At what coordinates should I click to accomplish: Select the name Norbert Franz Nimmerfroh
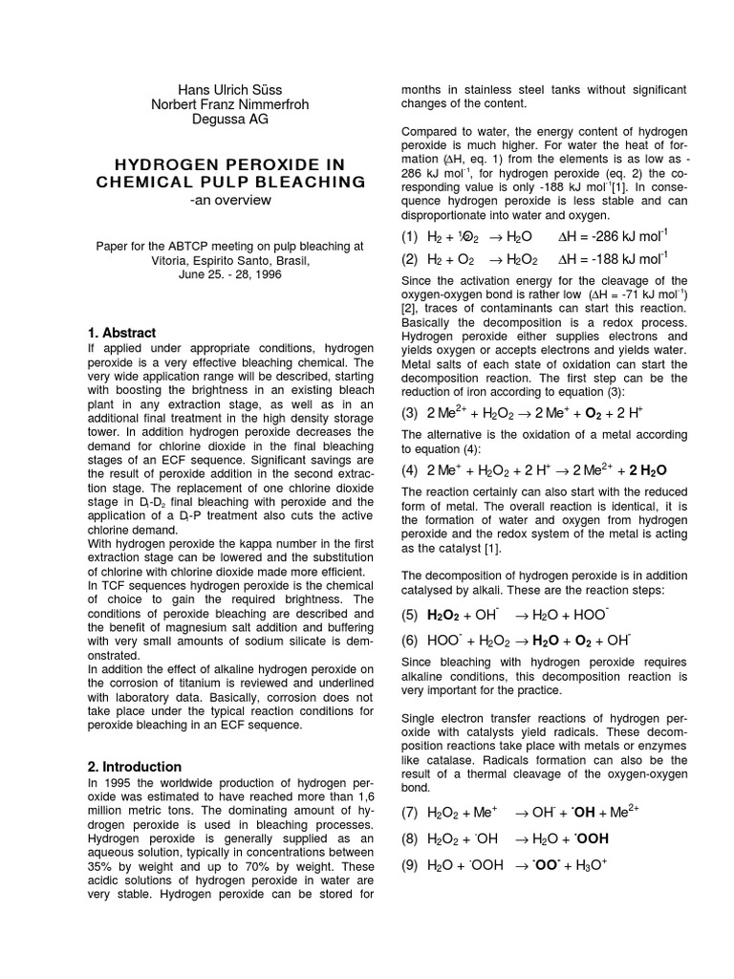(230, 105)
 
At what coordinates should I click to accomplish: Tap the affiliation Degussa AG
(230, 120)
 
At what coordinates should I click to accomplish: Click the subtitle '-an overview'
(230, 200)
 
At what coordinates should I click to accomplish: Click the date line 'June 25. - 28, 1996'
(230, 273)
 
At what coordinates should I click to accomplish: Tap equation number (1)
(410, 236)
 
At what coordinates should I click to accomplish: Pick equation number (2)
(410, 258)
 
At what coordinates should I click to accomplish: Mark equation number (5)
(410, 614)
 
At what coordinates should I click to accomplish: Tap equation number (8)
(410, 839)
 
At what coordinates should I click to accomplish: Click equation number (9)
(410, 866)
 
